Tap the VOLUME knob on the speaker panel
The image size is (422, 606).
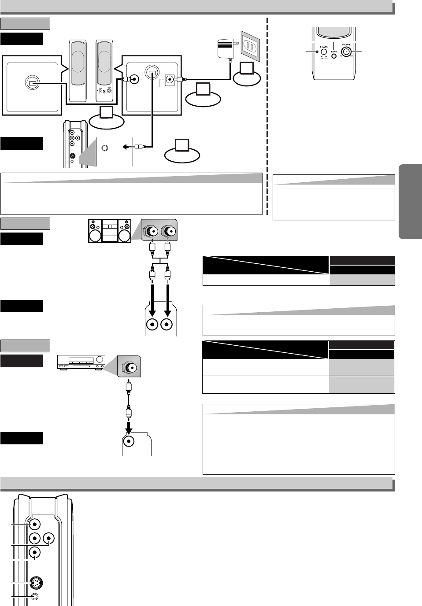click(x=346, y=52)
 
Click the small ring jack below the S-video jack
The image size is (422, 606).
click(x=36, y=597)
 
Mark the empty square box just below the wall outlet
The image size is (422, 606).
click(x=247, y=69)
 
